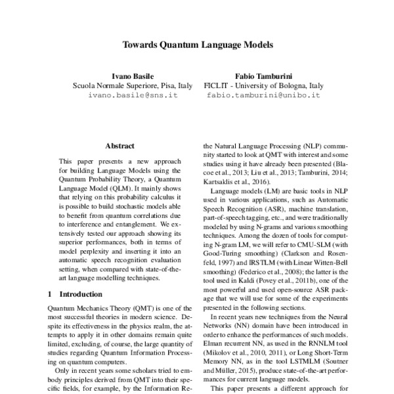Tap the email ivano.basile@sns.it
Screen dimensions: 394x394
[x=123, y=95]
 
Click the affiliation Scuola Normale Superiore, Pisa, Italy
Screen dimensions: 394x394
[x=123, y=85]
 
